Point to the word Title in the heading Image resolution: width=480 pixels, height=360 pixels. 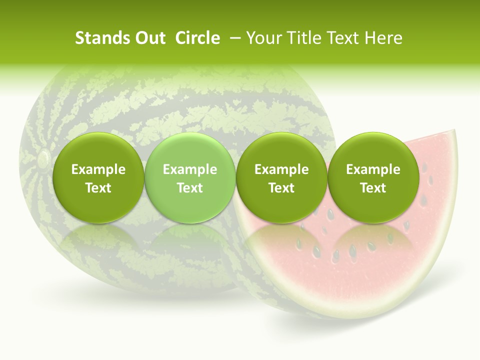(x=304, y=38)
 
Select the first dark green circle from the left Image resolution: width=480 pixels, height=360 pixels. (x=98, y=177)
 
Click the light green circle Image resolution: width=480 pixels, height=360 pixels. (x=190, y=177)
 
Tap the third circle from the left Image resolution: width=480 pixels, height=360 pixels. (x=281, y=177)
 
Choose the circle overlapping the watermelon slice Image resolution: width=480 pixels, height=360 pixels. (x=373, y=177)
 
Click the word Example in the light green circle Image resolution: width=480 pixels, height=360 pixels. (x=190, y=169)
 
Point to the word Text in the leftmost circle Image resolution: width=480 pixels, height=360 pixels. (x=98, y=188)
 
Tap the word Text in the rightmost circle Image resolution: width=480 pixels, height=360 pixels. (x=373, y=188)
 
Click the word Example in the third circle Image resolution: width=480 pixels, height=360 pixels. (x=281, y=169)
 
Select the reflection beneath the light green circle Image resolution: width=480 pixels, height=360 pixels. (x=190, y=240)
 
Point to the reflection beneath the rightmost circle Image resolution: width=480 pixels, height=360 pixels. (x=373, y=240)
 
